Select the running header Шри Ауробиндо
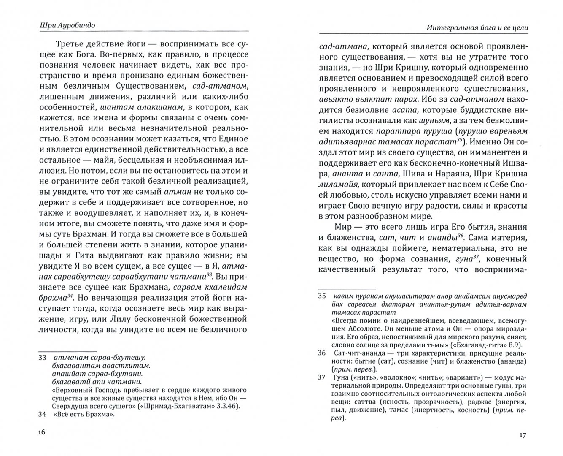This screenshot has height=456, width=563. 65,25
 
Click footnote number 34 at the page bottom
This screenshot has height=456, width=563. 42,414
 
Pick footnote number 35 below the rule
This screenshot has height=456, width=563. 323,296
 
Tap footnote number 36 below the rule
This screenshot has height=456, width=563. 323,353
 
